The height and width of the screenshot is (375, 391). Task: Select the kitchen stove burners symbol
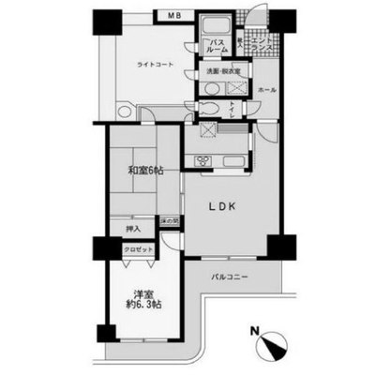tap(203, 161)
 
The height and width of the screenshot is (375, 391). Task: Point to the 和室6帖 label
tap(143, 172)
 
